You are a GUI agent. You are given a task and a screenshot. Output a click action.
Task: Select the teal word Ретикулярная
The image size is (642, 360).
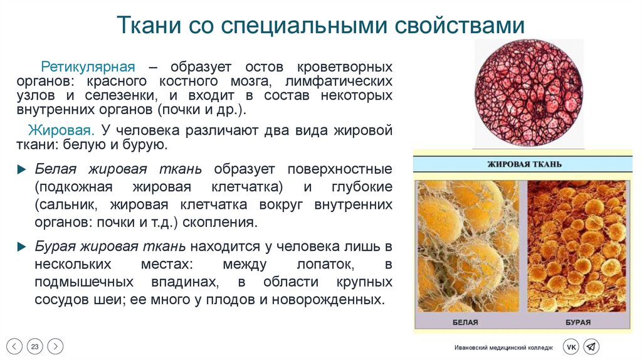click(88, 66)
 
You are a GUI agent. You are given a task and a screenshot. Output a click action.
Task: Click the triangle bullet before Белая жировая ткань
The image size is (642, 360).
click(23, 170)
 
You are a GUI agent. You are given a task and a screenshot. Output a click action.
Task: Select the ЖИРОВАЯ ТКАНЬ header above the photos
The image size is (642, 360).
click(525, 164)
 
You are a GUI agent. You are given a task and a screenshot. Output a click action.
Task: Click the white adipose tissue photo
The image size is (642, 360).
click(468, 246)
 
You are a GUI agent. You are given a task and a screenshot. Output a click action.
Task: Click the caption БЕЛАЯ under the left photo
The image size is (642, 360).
click(465, 322)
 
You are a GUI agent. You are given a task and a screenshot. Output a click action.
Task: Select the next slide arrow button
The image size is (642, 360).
click(55, 346)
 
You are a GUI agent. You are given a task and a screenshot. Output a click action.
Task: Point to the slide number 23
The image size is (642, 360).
click(35, 346)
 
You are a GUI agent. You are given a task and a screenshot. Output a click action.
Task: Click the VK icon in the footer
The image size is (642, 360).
click(571, 347)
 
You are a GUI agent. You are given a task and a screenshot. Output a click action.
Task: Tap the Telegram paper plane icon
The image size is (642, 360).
click(591, 347)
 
